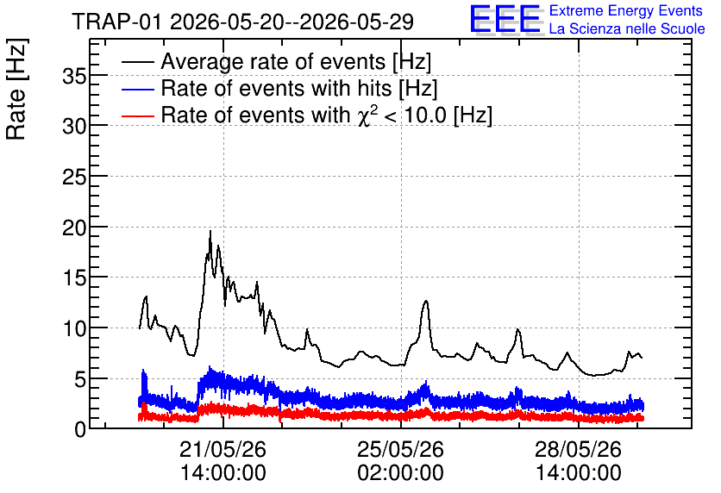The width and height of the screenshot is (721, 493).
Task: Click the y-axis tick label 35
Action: [74, 76]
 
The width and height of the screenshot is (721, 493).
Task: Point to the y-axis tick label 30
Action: [74, 127]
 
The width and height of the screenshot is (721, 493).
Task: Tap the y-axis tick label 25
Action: [74, 177]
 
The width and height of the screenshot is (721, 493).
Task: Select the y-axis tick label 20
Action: [74, 228]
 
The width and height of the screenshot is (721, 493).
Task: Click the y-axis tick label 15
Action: [74, 278]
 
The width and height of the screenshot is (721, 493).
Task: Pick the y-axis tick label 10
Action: [74, 328]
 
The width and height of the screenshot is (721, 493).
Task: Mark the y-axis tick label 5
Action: [80, 379]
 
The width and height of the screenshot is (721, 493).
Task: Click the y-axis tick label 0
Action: [80, 430]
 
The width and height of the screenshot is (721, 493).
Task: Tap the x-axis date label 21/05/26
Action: [223, 449]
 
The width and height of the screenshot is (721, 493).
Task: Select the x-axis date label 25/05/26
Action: [400, 449]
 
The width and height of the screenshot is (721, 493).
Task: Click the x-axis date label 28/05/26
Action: [578, 449]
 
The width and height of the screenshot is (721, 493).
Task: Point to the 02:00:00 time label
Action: [400, 473]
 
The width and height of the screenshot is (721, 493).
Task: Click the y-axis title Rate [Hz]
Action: [16, 89]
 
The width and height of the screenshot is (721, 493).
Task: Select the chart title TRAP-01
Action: [116, 22]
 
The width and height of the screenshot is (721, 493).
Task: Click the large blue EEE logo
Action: [505, 20]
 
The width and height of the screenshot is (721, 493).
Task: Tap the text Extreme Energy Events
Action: [626, 10]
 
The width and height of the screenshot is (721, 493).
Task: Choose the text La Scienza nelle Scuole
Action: [627, 29]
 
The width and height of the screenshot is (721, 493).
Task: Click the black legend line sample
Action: [138, 62]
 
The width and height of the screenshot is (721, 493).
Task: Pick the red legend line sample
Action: [138, 115]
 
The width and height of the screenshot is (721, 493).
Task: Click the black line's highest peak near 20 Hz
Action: [210, 231]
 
